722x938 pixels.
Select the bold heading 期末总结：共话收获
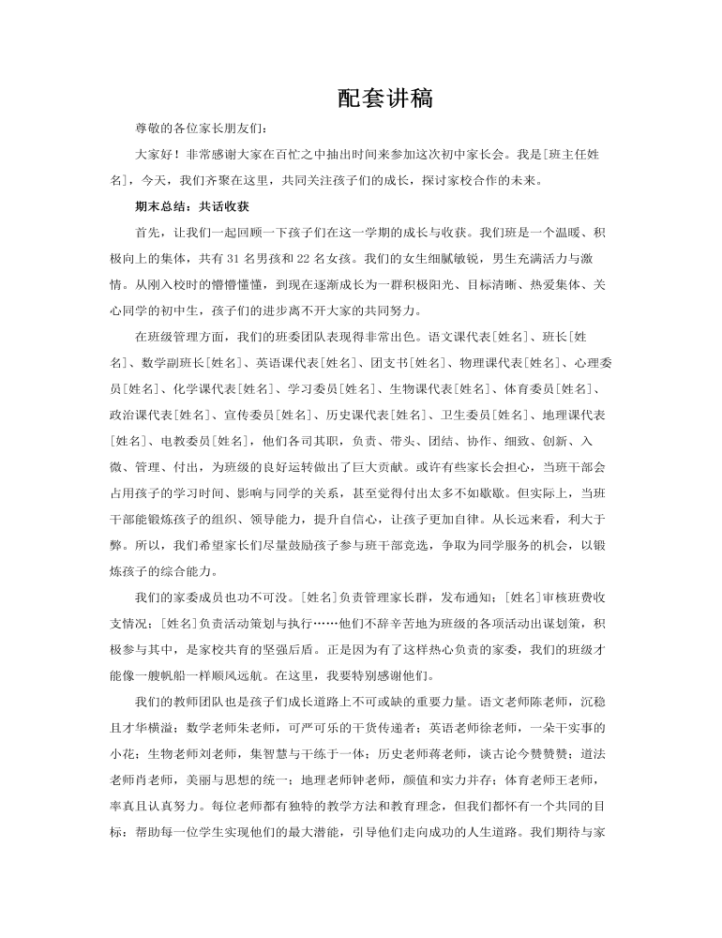191,205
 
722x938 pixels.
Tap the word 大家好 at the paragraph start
155,154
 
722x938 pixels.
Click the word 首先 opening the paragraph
148,232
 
